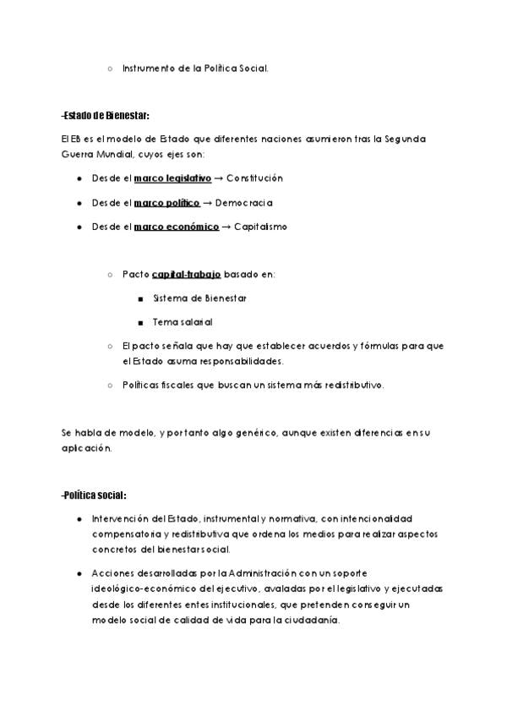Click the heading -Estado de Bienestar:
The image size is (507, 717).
pyautogui.click(x=105, y=115)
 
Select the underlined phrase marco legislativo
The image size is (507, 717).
pyautogui.click(x=172, y=179)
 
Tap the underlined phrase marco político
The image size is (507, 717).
pyautogui.click(x=166, y=203)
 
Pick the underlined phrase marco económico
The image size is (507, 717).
pyautogui.click(x=176, y=227)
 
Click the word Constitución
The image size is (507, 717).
pyautogui.click(x=254, y=179)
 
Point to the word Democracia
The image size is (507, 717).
pyautogui.click(x=244, y=203)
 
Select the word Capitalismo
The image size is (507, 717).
pyautogui.click(x=260, y=227)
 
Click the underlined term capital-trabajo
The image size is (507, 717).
pyautogui.click(x=186, y=274)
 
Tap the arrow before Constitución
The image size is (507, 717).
pyautogui.click(x=218, y=179)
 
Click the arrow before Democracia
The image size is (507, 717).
pyautogui.click(x=207, y=203)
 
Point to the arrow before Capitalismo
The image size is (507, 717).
pyautogui.click(x=226, y=227)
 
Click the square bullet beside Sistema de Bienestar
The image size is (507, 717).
pyautogui.click(x=139, y=298)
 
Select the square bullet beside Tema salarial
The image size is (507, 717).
pyautogui.click(x=139, y=322)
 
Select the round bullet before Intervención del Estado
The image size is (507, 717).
pyautogui.click(x=79, y=518)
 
